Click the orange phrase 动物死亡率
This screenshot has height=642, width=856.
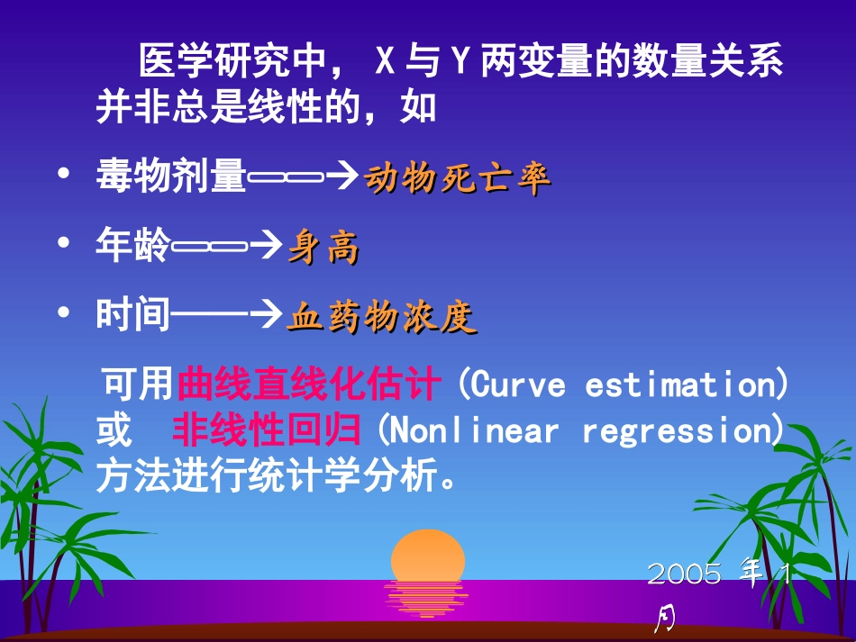(x=457, y=180)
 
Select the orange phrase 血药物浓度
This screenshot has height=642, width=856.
(x=381, y=317)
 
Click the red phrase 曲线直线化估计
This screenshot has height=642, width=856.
(x=309, y=384)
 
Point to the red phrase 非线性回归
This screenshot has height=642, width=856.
(x=267, y=430)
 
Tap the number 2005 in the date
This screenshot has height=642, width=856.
(x=685, y=574)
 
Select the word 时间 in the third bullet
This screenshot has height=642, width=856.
(x=133, y=316)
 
